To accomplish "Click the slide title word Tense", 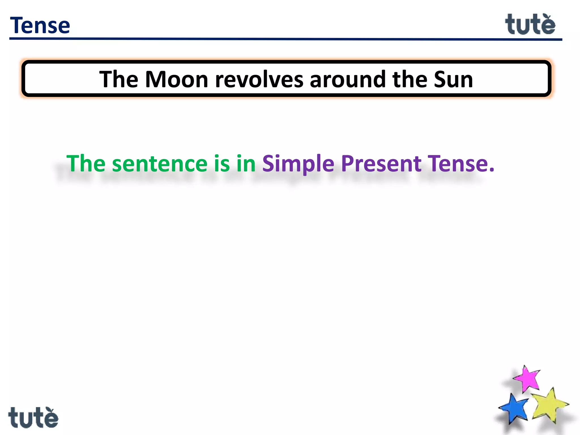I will (40, 25).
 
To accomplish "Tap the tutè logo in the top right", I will (530, 25).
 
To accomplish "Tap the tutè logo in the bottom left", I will (33, 418).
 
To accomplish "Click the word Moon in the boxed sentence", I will (177, 80).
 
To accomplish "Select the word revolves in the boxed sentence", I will (259, 80).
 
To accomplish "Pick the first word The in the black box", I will (118, 80).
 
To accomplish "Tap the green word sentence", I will (160, 164).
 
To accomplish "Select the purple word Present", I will (381, 164).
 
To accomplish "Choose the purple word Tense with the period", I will (460, 164).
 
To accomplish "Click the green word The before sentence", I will (86, 164).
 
